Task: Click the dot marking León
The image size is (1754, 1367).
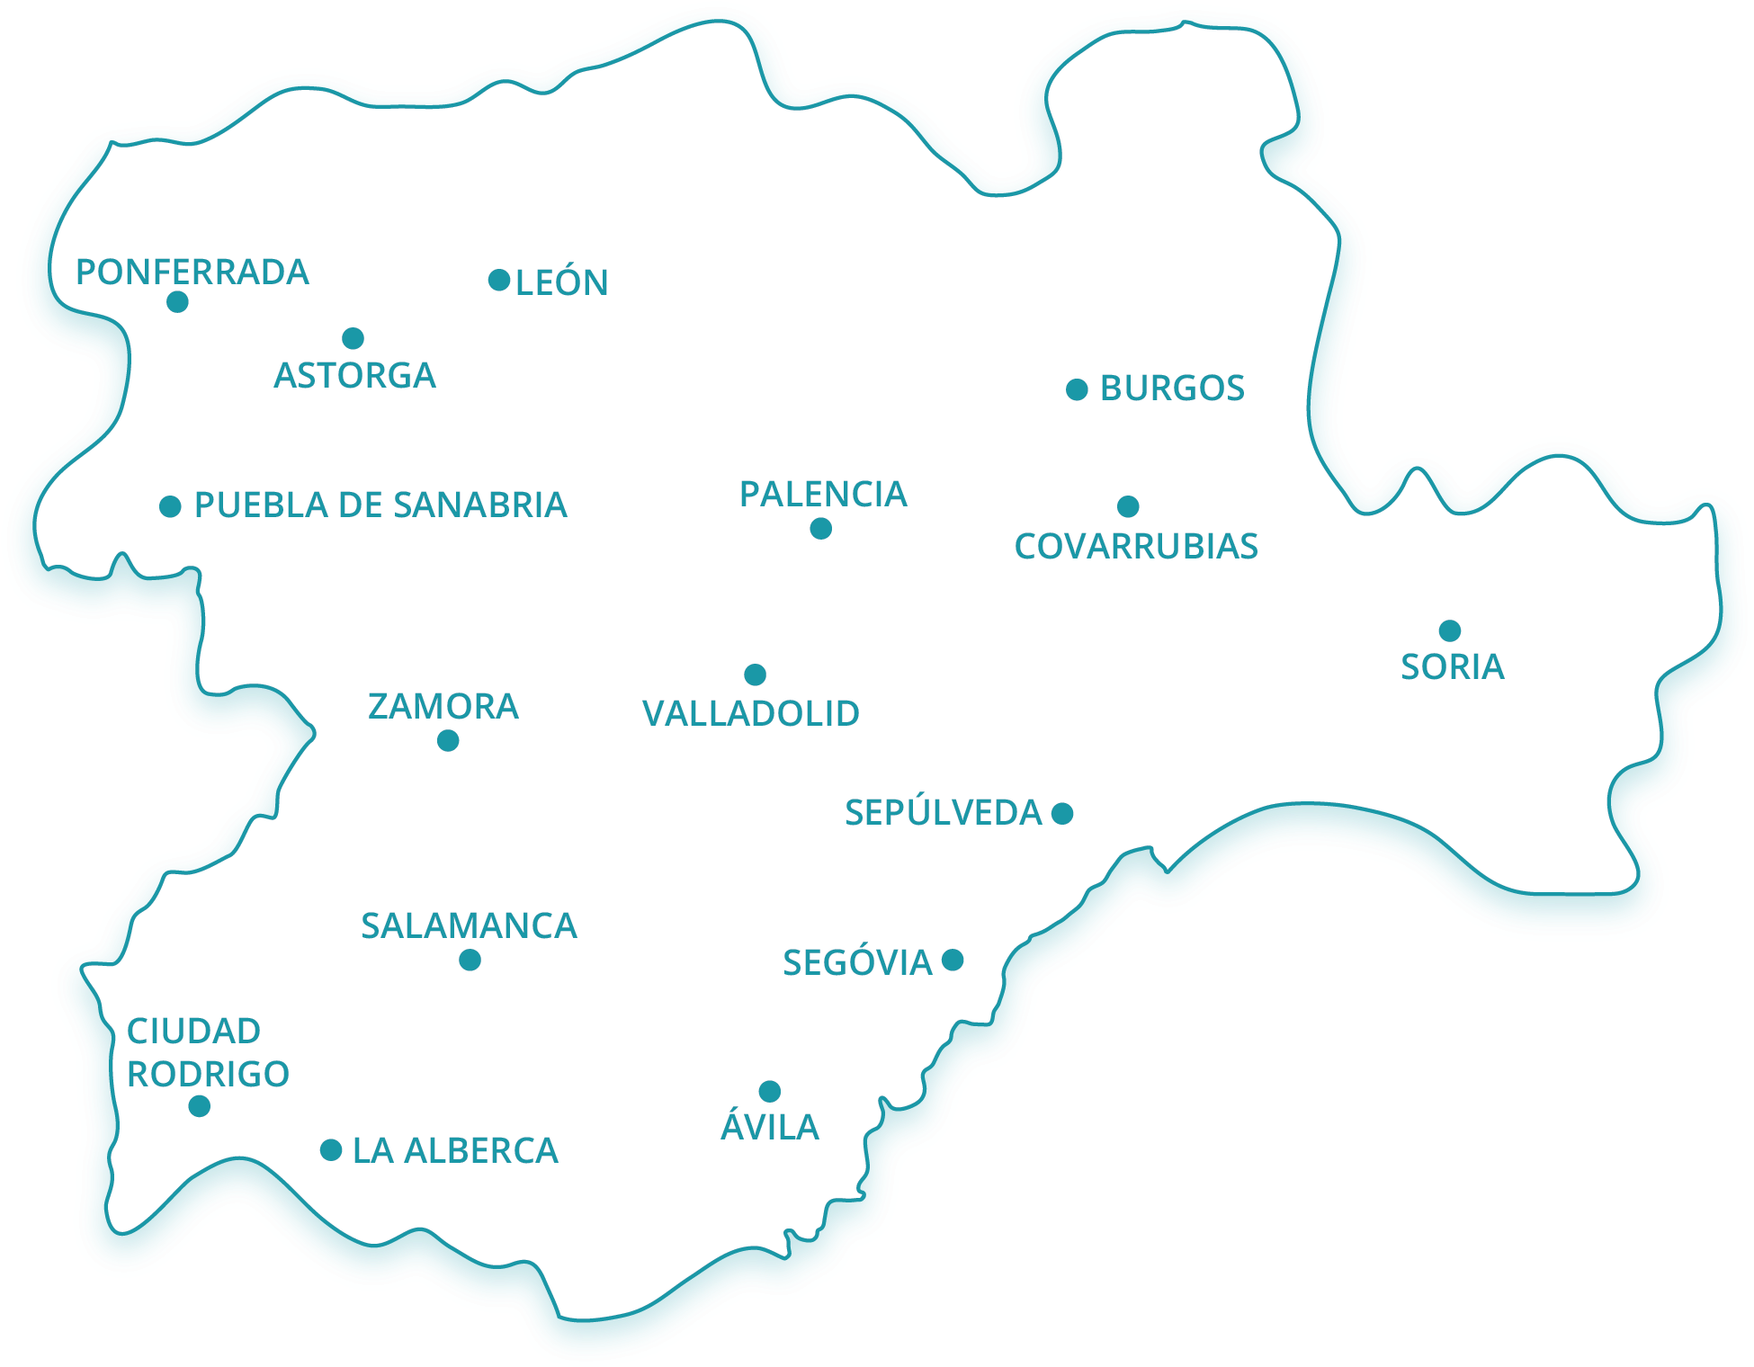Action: (499, 280)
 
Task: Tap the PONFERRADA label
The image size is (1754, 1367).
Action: (192, 272)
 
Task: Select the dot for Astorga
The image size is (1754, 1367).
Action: (353, 338)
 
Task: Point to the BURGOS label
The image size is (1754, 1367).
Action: (1172, 389)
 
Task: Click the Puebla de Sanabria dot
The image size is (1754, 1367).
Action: (170, 506)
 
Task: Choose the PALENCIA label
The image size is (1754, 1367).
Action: (823, 494)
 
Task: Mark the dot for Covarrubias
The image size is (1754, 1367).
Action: (1128, 506)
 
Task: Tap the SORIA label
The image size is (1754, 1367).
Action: (1453, 666)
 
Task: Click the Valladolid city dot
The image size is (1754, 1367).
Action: (755, 675)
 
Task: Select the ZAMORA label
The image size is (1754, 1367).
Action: (443, 706)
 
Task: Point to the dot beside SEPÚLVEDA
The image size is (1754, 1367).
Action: (1062, 813)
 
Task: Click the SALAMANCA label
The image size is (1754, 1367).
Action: (469, 925)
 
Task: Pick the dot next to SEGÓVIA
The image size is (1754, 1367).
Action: (953, 960)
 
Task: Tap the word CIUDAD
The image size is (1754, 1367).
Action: (193, 1031)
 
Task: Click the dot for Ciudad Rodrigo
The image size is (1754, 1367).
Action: (200, 1106)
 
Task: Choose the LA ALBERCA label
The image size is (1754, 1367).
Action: (455, 1150)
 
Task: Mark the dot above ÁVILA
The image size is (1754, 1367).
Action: (769, 1091)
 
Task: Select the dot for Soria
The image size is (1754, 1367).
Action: (1449, 630)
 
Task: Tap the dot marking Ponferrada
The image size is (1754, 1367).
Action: (177, 301)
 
